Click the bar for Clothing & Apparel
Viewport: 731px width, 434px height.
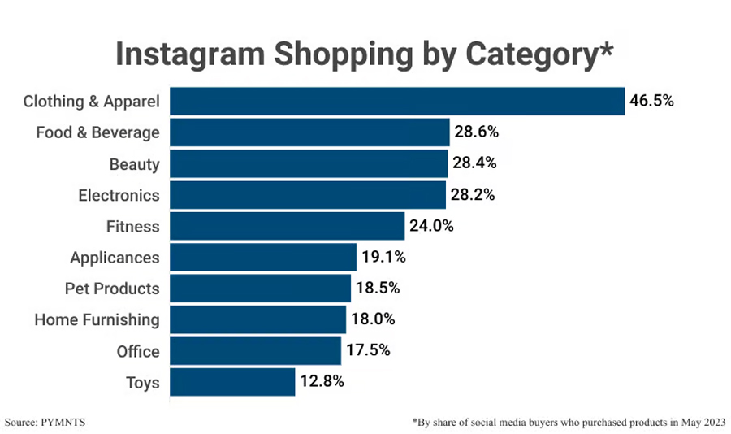397,102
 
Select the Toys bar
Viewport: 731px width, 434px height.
232,382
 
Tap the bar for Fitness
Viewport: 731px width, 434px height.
287,226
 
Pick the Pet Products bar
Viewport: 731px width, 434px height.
260,289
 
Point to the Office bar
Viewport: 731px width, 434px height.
255,351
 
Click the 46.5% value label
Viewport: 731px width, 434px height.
652,102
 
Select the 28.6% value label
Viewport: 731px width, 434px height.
476,132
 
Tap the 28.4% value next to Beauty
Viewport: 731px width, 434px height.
474,163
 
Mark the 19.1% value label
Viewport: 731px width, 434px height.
383,258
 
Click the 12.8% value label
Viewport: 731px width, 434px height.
322,382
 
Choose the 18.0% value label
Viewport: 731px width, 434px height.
373,319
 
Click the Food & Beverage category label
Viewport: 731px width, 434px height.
97,132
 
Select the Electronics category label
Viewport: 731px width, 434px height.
119,195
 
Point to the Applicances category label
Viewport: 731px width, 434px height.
115,258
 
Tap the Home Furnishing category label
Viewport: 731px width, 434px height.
97,319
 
